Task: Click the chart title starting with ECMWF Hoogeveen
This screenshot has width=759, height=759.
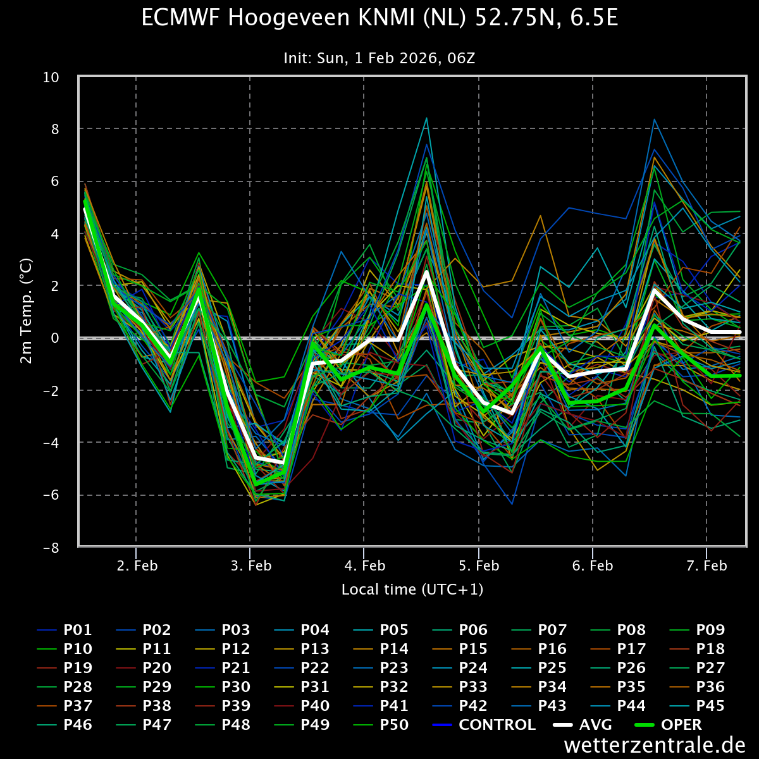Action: coord(379,18)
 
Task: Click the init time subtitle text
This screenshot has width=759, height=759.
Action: coord(379,58)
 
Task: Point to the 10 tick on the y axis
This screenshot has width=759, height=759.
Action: coord(51,77)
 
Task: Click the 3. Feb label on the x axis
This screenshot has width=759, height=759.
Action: coord(250,565)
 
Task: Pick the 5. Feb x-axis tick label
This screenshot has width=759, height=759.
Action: coord(479,565)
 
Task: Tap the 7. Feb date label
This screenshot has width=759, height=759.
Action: coord(707,565)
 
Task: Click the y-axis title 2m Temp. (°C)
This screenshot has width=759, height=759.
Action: coord(27,311)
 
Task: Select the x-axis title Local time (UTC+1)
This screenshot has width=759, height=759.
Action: coord(412,589)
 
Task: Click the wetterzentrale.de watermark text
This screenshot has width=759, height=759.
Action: coord(654,745)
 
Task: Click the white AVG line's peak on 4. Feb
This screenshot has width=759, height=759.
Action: coord(427,272)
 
